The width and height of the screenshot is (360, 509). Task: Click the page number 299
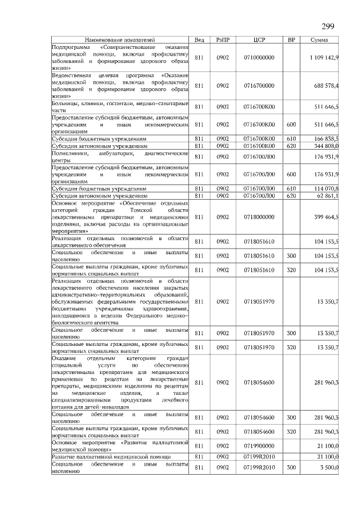328,26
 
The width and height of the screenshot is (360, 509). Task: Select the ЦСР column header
259,39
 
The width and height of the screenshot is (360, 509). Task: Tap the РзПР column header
223,39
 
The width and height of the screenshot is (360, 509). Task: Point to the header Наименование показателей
119,39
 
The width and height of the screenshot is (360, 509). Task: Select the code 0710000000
259,58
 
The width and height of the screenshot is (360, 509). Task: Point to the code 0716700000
259,85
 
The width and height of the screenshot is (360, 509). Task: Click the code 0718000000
259,217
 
